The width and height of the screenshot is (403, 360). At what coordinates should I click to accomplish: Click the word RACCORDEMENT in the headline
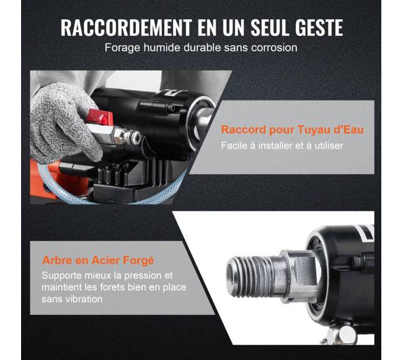point(126,27)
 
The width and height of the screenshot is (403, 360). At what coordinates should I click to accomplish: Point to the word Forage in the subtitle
point(122,48)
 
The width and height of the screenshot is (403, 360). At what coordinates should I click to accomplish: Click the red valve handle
point(100,117)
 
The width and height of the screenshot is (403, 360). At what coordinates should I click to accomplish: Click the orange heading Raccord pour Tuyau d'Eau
point(292,130)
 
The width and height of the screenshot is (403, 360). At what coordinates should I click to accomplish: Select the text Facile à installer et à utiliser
point(282,146)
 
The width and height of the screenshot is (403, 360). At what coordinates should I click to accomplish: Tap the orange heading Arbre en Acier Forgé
point(98,261)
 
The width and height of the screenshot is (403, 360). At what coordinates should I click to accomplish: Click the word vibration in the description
point(84,299)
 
